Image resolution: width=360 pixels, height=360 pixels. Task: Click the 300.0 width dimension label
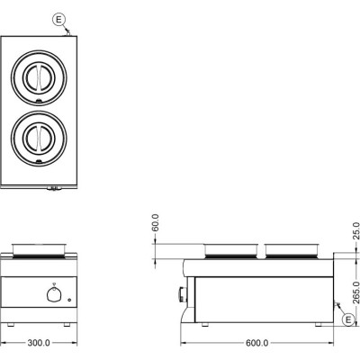[x=39, y=343]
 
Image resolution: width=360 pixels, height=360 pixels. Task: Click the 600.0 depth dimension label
[x=257, y=343]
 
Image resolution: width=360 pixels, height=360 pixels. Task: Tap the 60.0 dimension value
[x=156, y=222]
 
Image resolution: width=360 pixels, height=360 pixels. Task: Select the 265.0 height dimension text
[x=355, y=292]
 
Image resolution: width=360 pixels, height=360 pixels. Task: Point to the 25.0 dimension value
[x=355, y=230]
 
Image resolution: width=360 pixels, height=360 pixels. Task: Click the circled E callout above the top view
[x=58, y=20]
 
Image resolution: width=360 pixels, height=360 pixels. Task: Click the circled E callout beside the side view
[x=348, y=319]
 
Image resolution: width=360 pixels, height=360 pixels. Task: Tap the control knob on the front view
[x=54, y=293]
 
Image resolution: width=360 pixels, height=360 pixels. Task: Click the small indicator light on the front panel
[x=69, y=300]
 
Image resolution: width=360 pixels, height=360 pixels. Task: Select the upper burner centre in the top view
[x=39, y=77]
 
